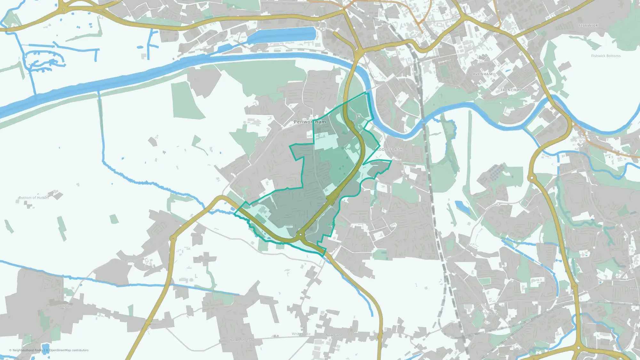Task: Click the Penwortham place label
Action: pos(310,122)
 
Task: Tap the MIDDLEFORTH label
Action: pos(388,149)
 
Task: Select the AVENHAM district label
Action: pos(483,74)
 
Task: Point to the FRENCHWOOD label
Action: pos(515,90)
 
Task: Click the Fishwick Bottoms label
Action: pos(606,56)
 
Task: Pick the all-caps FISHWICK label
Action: pos(588,26)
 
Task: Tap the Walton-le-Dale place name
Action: pos(585,138)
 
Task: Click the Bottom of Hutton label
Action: pos(34,198)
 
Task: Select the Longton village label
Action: pos(65,306)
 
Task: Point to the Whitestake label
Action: pos(301,334)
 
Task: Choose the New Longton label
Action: pos(241,340)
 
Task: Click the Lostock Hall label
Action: pos(488,313)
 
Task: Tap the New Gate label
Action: pos(334,335)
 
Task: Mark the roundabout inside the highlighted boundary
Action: pos(300,235)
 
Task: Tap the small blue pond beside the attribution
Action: pos(46,348)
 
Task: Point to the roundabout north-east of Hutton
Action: pos(173,238)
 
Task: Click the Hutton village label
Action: pos(130,261)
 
